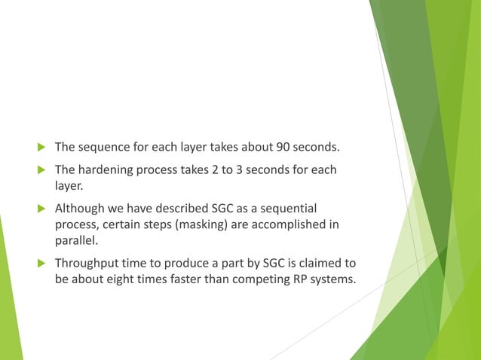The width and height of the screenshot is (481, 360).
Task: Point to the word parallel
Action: coord(75,241)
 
